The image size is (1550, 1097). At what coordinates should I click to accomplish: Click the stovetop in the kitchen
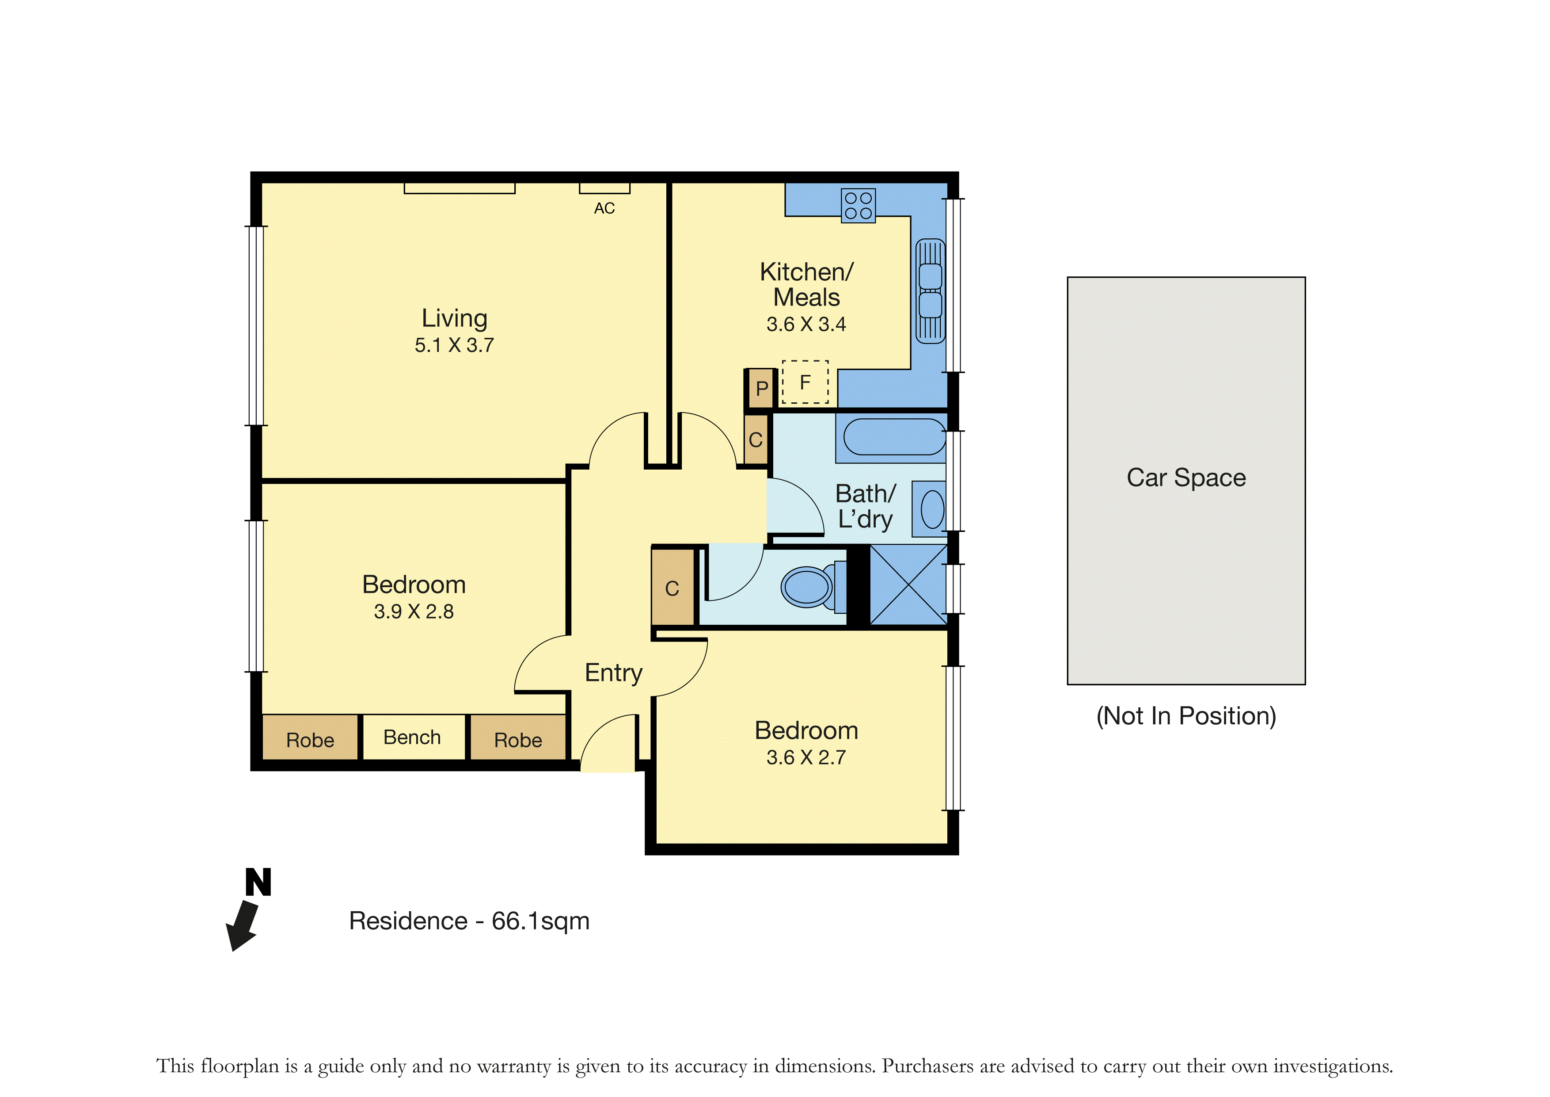[858, 205]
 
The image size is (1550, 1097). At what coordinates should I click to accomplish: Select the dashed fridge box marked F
[805, 382]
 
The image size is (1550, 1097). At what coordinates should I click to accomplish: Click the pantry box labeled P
[761, 388]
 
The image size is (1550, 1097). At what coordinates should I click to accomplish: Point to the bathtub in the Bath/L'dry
[894, 436]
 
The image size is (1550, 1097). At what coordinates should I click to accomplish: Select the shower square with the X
[909, 585]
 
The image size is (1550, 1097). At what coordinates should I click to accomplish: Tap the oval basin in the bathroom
[932, 509]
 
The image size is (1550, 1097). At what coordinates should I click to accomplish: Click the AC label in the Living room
[604, 208]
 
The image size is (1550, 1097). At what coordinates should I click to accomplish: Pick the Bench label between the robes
[412, 737]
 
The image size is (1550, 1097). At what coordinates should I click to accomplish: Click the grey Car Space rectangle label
[1186, 478]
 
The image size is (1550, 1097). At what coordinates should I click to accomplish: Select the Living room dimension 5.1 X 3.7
[454, 345]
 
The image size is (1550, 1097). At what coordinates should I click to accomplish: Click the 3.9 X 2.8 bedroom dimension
[414, 612]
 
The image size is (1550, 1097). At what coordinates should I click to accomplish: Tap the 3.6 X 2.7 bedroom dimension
[806, 757]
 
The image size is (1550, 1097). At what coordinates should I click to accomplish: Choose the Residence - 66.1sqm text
[469, 921]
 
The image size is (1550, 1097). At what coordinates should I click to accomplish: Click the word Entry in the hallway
[614, 673]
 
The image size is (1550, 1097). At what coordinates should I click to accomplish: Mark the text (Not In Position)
[1186, 716]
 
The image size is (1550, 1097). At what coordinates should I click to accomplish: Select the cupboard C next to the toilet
[672, 588]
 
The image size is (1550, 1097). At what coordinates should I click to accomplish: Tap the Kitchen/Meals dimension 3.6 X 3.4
[806, 324]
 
